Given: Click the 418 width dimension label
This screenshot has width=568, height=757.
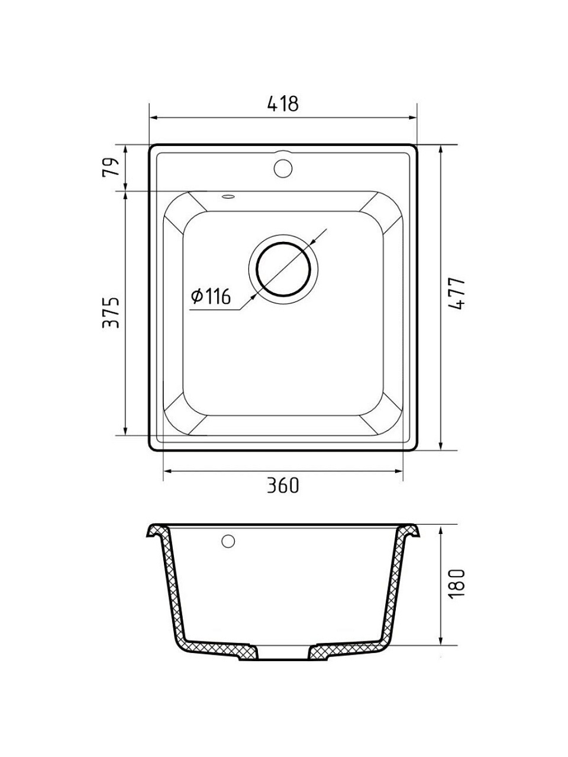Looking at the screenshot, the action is pyautogui.click(x=283, y=103).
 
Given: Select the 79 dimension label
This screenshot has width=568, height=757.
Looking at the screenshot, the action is pyautogui.click(x=111, y=167).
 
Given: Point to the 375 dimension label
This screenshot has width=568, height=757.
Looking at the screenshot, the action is pyautogui.click(x=111, y=312).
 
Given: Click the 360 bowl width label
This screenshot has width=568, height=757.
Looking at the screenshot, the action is pyautogui.click(x=283, y=486).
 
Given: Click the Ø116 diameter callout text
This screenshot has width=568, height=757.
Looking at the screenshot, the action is pyautogui.click(x=211, y=297).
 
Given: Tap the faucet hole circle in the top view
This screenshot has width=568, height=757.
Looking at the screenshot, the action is pyautogui.click(x=283, y=168).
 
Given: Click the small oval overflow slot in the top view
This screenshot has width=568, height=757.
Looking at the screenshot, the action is pyautogui.click(x=228, y=196).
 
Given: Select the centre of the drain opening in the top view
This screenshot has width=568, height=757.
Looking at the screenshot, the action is pyautogui.click(x=283, y=269).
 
